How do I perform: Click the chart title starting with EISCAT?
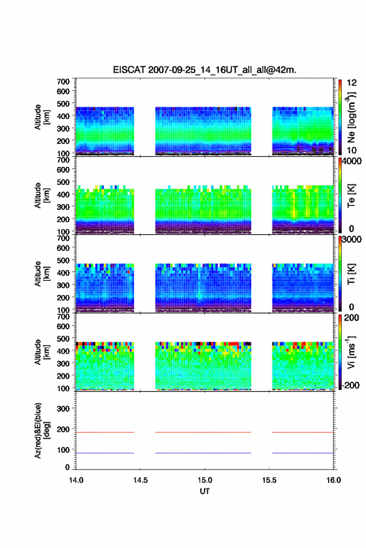click(205, 70)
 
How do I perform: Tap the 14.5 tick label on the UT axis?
click(140, 480)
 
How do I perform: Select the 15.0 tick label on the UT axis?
click(205, 480)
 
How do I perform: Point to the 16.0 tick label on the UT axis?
click(334, 480)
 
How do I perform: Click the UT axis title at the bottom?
click(205, 491)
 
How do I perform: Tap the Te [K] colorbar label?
click(351, 196)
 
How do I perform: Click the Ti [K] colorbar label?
click(351, 273)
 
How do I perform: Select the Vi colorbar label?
click(351, 352)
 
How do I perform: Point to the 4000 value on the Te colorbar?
click(352, 162)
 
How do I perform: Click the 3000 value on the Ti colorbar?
click(352, 240)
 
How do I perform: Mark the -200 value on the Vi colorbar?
click(350, 385)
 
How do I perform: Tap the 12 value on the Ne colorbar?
click(352, 83)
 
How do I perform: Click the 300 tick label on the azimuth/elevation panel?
click(64, 409)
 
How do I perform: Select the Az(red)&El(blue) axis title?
click(42, 430)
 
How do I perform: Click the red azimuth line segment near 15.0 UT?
click(203, 432)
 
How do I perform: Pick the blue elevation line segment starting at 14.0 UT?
click(105, 453)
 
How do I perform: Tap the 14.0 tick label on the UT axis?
click(76, 480)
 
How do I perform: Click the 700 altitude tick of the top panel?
click(64, 82)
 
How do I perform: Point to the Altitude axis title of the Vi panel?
click(42, 352)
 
